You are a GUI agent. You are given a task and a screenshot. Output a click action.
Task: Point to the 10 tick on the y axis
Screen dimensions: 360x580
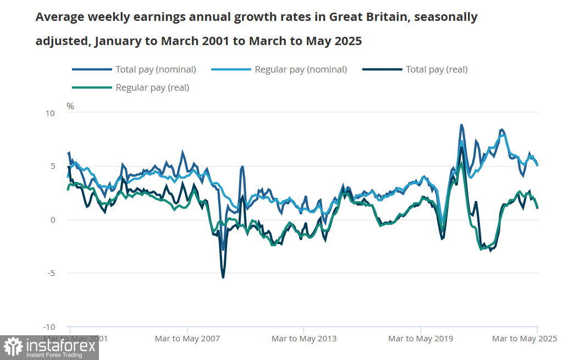(x=50, y=113)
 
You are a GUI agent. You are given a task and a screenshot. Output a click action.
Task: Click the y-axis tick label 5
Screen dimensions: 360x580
(x=52, y=167)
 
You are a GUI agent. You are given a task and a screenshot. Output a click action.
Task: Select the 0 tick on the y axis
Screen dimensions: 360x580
(x=52, y=220)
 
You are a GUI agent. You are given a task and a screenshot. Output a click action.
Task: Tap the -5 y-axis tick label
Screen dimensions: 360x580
(x=50, y=273)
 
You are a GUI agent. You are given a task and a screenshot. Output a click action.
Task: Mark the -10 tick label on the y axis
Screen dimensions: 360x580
(x=49, y=326)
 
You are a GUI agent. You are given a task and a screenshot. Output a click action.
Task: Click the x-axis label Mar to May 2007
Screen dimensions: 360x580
(x=187, y=339)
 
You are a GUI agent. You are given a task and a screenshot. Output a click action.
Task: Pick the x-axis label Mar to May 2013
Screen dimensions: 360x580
(x=304, y=339)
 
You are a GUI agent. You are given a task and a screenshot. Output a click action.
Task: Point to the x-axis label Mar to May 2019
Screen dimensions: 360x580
(x=421, y=339)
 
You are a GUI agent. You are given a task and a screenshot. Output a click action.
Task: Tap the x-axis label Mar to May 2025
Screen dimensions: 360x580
(x=524, y=339)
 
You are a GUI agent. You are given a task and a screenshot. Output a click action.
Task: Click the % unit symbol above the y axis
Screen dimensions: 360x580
(x=70, y=106)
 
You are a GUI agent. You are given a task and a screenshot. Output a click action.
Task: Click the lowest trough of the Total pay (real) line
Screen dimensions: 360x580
(x=223, y=278)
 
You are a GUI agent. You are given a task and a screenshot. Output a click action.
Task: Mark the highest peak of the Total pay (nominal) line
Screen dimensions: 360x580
(x=462, y=125)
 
